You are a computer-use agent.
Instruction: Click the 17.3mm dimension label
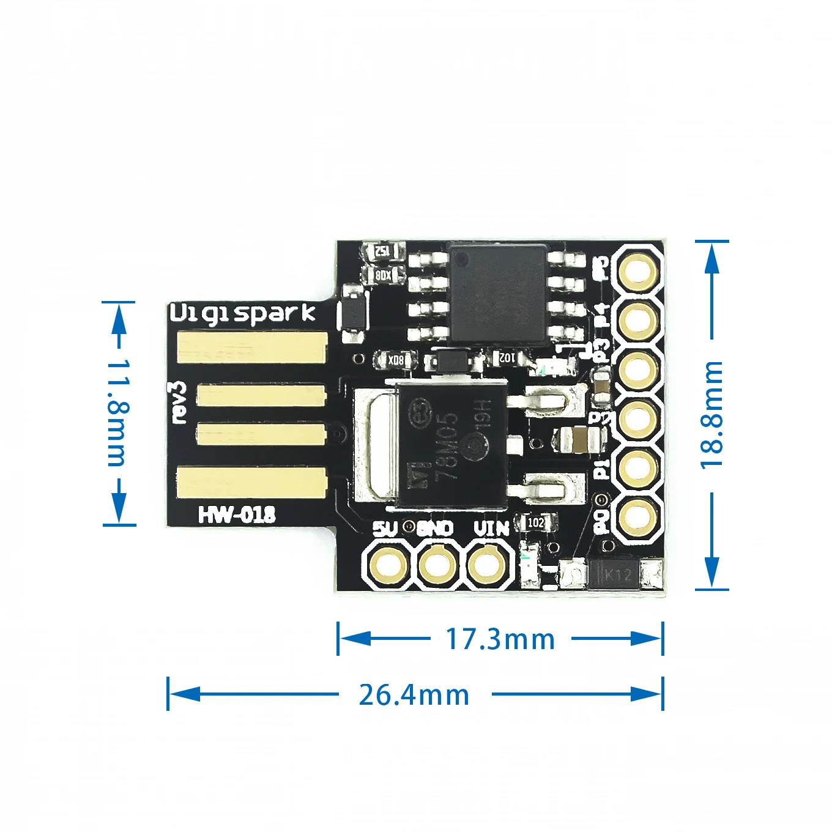pyautogui.click(x=500, y=639)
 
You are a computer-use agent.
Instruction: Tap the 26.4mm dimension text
pyautogui.click(x=414, y=695)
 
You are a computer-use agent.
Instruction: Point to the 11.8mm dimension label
pyautogui.click(x=118, y=413)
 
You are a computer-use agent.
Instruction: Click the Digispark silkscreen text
pyautogui.click(x=242, y=313)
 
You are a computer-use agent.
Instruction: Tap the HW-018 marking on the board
pyautogui.click(x=237, y=515)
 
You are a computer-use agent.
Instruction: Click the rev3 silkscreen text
pyautogui.click(x=178, y=402)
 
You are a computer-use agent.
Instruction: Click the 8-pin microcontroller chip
pyautogui.click(x=499, y=292)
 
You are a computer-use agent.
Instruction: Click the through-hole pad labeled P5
pyautogui.click(x=639, y=270)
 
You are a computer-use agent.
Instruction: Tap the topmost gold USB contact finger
pyautogui.click(x=252, y=347)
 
